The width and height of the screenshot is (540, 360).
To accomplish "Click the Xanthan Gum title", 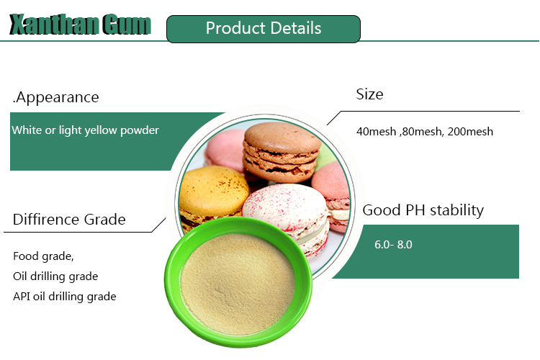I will point(80,25).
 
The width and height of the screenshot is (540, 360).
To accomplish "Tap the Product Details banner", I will point(263,29).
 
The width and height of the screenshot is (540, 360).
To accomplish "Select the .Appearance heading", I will point(56,97).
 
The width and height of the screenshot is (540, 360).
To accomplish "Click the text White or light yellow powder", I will point(85,130).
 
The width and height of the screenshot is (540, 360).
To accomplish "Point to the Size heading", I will point(369,94).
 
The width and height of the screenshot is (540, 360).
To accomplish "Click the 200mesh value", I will point(470,132).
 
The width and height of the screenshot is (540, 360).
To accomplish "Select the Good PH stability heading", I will point(423,210).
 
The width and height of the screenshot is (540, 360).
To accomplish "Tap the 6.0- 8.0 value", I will point(393,245).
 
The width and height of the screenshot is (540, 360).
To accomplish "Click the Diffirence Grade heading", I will point(69,220).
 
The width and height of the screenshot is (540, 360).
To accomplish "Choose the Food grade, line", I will point(43,256).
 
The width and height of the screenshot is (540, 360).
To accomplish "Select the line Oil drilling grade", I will point(55,276).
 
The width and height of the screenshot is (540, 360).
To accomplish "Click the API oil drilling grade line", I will point(64,296).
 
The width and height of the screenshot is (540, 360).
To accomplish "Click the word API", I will point(22,296).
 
